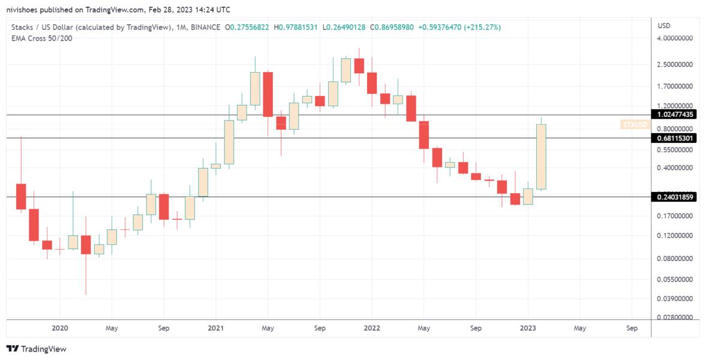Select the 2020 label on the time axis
click(x=60, y=328)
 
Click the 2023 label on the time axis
click(x=528, y=328)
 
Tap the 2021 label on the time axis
click(x=216, y=328)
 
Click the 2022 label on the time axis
click(x=372, y=328)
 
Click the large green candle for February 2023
click(x=541, y=157)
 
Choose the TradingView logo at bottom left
click(x=37, y=349)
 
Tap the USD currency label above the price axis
click(x=664, y=26)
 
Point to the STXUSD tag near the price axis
click(x=635, y=125)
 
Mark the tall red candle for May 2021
click(x=268, y=94)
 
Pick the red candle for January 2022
click(x=372, y=83)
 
